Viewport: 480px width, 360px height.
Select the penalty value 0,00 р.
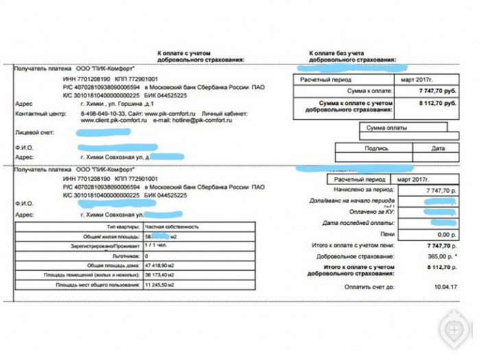[x=446, y=234]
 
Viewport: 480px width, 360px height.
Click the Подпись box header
[x=376, y=147]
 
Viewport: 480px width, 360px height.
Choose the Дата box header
[x=437, y=147]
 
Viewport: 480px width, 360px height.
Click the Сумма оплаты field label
[x=386, y=128]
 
